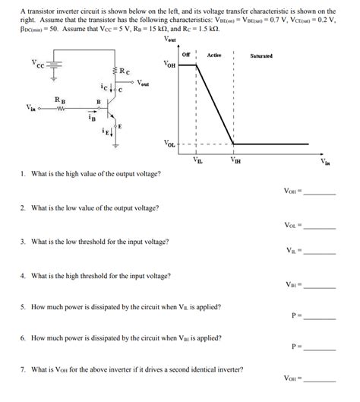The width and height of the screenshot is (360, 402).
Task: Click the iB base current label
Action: click(x=91, y=119)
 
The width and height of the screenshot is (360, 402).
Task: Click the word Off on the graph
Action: click(x=186, y=55)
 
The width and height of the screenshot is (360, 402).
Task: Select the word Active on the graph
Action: click(x=213, y=55)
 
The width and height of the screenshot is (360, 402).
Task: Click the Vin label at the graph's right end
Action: click(x=326, y=162)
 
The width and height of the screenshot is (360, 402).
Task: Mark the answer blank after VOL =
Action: click(x=319, y=226)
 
